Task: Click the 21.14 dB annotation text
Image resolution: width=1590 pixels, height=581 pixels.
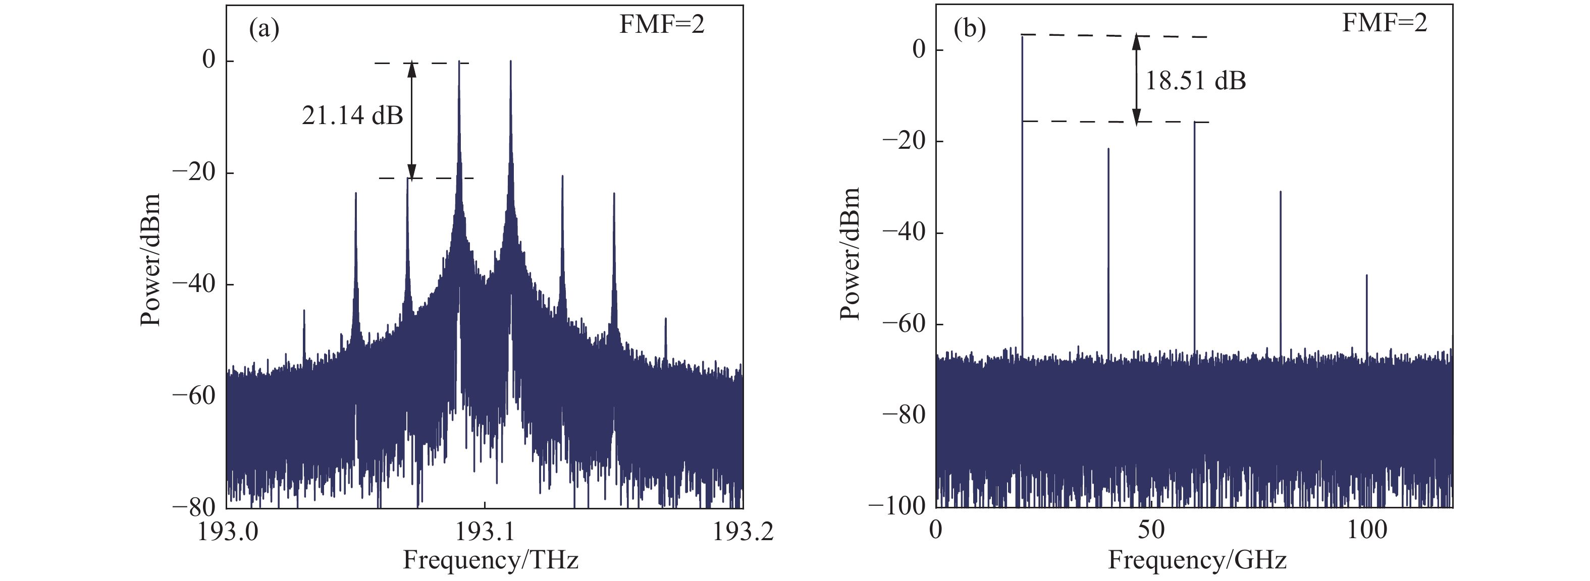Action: pyautogui.click(x=352, y=115)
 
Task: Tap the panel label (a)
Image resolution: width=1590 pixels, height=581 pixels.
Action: pyautogui.click(x=264, y=29)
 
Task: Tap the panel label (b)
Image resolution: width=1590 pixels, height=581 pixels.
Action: pyautogui.click(x=970, y=29)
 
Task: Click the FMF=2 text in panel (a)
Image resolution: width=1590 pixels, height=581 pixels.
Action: pyautogui.click(x=662, y=25)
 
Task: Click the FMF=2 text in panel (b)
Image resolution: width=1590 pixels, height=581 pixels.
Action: pyautogui.click(x=1385, y=23)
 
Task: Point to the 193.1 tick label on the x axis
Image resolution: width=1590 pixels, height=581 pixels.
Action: pyautogui.click(x=485, y=532)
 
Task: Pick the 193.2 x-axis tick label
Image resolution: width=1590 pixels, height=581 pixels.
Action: pyautogui.click(x=743, y=532)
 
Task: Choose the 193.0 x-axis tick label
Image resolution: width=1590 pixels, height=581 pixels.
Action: pyautogui.click(x=227, y=532)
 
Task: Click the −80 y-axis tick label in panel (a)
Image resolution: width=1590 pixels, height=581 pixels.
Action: pyautogui.click(x=193, y=507)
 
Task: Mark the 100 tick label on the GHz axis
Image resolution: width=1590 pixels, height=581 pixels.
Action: pyautogui.click(x=1366, y=530)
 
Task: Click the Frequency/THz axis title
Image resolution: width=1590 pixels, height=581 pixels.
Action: pyautogui.click(x=491, y=560)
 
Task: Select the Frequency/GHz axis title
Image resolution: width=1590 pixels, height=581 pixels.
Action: pyautogui.click(x=1197, y=560)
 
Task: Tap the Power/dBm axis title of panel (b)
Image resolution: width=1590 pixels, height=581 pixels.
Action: pyautogui.click(x=850, y=254)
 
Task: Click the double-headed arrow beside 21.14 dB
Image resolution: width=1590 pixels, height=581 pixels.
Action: pyautogui.click(x=412, y=120)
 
